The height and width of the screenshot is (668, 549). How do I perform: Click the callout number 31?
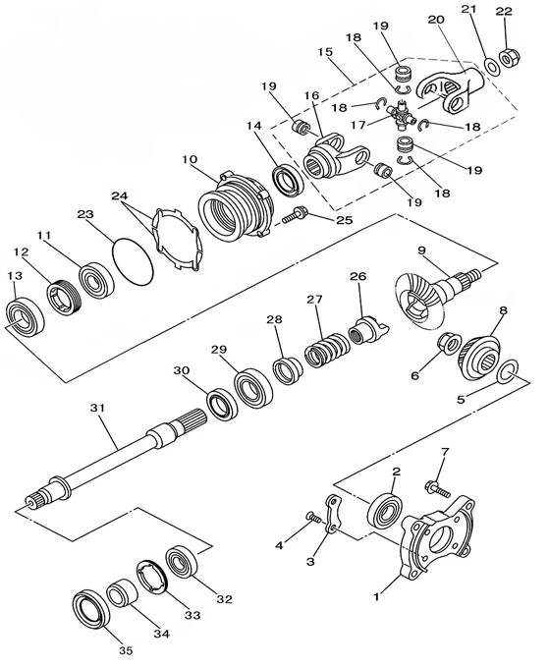click(x=97, y=408)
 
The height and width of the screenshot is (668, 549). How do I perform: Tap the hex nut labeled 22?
click(x=508, y=58)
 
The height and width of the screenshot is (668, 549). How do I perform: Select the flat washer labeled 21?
click(x=492, y=67)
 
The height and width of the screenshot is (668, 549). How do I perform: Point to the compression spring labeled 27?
click(x=327, y=349)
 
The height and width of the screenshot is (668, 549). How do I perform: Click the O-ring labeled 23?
click(x=133, y=261)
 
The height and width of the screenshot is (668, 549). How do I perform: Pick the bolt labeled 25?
click(x=295, y=215)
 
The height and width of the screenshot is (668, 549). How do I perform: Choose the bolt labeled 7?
click(x=437, y=489)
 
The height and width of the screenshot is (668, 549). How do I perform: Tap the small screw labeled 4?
click(x=313, y=518)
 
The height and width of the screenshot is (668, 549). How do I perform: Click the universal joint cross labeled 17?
click(x=402, y=114)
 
